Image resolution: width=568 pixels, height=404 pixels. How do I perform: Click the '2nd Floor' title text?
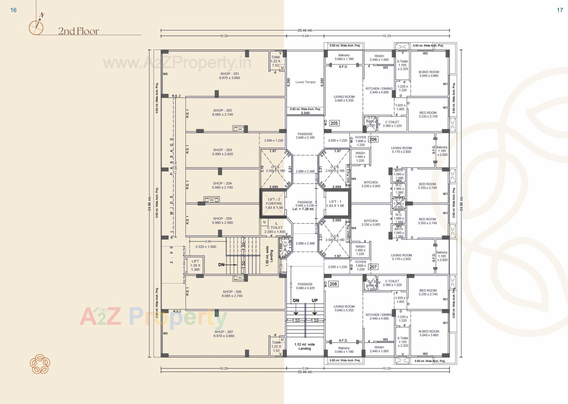(78, 31)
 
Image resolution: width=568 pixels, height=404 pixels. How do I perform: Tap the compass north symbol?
(36, 25)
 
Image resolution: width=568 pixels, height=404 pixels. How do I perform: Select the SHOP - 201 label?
(230, 76)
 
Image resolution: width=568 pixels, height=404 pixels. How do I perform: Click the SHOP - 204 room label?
(222, 185)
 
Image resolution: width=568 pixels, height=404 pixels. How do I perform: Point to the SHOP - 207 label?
(224, 334)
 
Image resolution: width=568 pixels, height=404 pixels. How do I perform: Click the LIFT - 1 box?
(337, 204)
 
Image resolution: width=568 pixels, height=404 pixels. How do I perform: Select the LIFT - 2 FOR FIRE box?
(274, 204)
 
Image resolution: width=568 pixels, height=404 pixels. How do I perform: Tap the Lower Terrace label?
(305, 82)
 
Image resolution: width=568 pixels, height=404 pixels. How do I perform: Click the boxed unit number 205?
(334, 123)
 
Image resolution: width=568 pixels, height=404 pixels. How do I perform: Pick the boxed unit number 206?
(373, 139)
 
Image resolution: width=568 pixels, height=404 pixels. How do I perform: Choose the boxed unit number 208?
(333, 284)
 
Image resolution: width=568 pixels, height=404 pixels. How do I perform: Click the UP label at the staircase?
(314, 300)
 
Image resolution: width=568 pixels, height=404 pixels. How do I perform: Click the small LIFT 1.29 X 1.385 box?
(195, 265)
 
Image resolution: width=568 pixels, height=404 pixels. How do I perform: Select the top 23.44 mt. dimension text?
(305, 30)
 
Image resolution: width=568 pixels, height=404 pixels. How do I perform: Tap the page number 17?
(560, 10)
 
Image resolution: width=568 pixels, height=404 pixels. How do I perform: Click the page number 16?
(13, 10)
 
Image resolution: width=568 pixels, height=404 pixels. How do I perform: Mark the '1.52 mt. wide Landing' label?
(305, 346)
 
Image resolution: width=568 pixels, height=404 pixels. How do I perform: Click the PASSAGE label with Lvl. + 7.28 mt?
(305, 205)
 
